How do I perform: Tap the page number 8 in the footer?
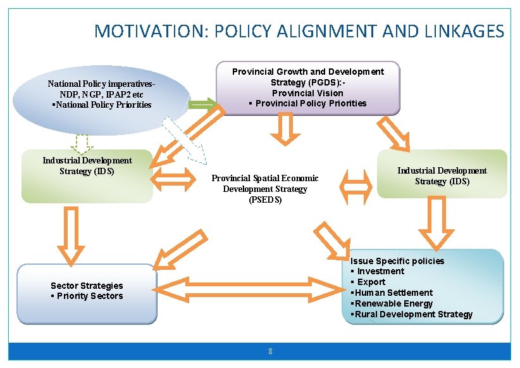[270, 352]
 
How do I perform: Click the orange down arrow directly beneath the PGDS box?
[285, 129]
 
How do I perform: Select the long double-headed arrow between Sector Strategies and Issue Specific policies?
[249, 289]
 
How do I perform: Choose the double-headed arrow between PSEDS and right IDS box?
[356, 186]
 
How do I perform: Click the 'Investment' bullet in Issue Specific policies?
[380, 271]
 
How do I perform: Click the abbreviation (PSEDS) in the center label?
[265, 200]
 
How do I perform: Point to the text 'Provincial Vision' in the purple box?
[307, 93]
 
